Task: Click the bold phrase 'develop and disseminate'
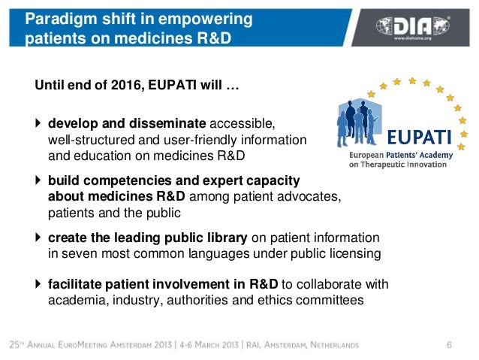coord(127,123)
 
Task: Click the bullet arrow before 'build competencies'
coord(39,181)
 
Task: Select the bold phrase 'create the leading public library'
coord(147,238)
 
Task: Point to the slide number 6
coord(449,345)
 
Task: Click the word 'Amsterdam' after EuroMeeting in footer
coord(157,345)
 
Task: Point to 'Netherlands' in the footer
coord(325,345)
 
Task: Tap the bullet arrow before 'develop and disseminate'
coord(39,123)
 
